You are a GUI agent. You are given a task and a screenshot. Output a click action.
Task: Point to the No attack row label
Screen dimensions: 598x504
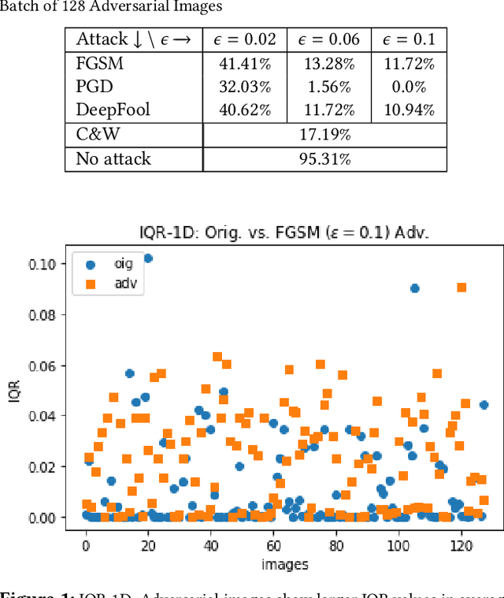[113, 159]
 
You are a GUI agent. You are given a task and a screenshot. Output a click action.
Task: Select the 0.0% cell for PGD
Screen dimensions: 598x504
[408, 88]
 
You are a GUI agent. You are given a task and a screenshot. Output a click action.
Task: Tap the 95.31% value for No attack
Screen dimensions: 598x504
[324, 159]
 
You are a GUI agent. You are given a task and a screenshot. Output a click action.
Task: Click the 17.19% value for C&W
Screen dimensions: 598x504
[324, 135]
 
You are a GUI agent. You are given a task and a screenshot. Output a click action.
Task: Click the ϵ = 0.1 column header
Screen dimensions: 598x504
[408, 39]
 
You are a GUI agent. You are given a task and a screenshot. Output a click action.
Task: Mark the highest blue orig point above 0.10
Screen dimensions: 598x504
[148, 258]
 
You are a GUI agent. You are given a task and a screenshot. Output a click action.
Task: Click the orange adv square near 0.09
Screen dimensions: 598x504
[461, 288]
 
